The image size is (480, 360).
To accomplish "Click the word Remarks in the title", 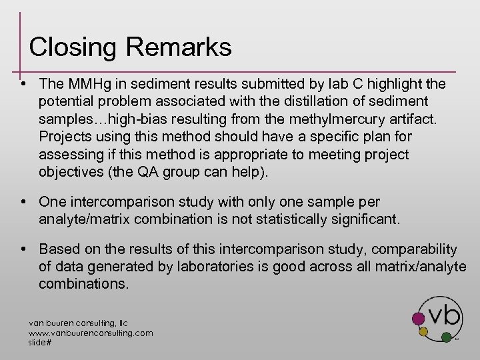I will (178, 47).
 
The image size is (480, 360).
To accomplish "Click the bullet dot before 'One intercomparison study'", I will (23, 201).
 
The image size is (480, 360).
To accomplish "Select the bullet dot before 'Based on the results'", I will (23, 249).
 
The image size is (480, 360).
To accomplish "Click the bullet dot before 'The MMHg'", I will (23, 84).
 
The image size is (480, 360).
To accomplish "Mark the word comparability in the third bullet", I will (413, 249).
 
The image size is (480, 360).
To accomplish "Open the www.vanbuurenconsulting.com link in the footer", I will (91, 333).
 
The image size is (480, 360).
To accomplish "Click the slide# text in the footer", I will (40, 342).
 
